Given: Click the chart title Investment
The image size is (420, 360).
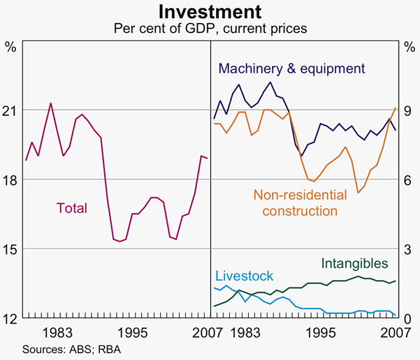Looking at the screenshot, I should coord(210,12).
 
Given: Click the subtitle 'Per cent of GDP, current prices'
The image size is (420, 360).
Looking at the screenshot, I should coord(210,29).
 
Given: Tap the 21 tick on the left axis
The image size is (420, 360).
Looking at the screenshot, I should coord(11,110).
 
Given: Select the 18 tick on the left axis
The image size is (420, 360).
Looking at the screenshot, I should coord(11,180).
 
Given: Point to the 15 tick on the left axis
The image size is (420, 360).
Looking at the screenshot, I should coord(11,249).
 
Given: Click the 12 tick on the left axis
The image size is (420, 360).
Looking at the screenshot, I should coord(11,318).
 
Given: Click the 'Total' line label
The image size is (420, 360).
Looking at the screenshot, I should coord(71,208).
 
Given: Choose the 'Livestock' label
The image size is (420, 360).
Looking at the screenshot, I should coord(244,276).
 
